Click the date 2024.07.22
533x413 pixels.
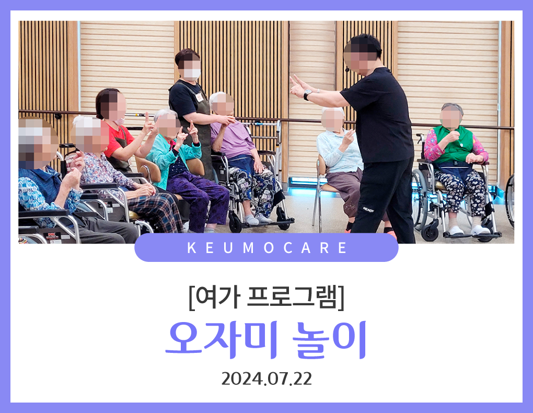(266, 378)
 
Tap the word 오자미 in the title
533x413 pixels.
(221, 340)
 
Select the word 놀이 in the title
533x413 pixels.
(329, 340)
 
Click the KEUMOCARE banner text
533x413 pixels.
(267, 248)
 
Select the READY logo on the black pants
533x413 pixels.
(368, 210)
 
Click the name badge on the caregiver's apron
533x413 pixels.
(200, 97)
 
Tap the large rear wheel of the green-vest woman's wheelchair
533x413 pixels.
(419, 199)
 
